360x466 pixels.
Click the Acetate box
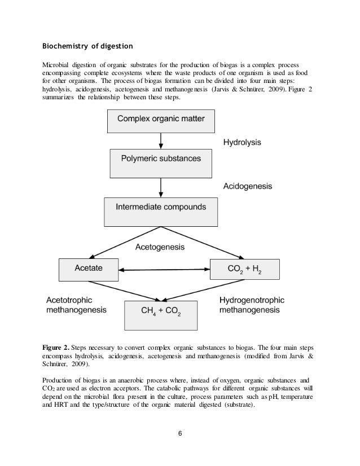(x=89, y=269)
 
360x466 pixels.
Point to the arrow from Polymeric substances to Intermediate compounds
(x=162, y=186)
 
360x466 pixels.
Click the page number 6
(x=179, y=434)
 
